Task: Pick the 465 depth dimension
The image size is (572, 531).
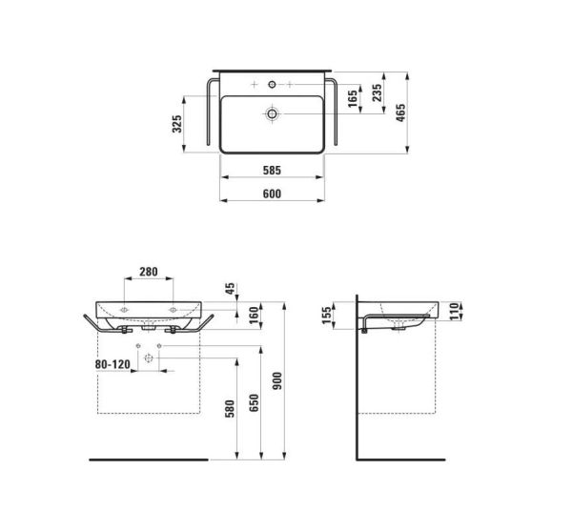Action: coord(401,112)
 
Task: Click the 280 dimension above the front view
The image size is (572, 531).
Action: coord(149,272)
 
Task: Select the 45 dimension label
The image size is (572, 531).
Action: coord(228,288)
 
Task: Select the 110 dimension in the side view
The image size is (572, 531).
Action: coord(455,307)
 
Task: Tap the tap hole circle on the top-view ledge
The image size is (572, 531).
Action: coord(274,86)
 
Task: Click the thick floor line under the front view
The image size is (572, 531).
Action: coord(148,459)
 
